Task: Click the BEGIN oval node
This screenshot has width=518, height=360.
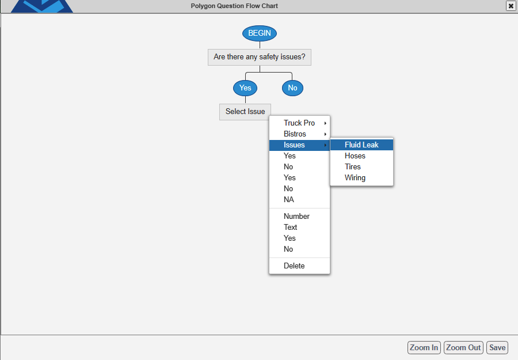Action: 260,33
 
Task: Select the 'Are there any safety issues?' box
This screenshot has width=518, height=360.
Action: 260,57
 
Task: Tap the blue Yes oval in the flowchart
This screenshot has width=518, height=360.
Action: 245,88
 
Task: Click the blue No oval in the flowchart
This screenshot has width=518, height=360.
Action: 292,88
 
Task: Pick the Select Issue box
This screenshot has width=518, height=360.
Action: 245,112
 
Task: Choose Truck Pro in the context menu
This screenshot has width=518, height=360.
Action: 299,123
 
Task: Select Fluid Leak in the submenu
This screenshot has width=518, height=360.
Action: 362,145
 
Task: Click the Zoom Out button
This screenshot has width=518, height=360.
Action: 463,348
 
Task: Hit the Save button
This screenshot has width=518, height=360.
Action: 497,348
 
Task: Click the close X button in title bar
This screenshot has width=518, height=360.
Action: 511,6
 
